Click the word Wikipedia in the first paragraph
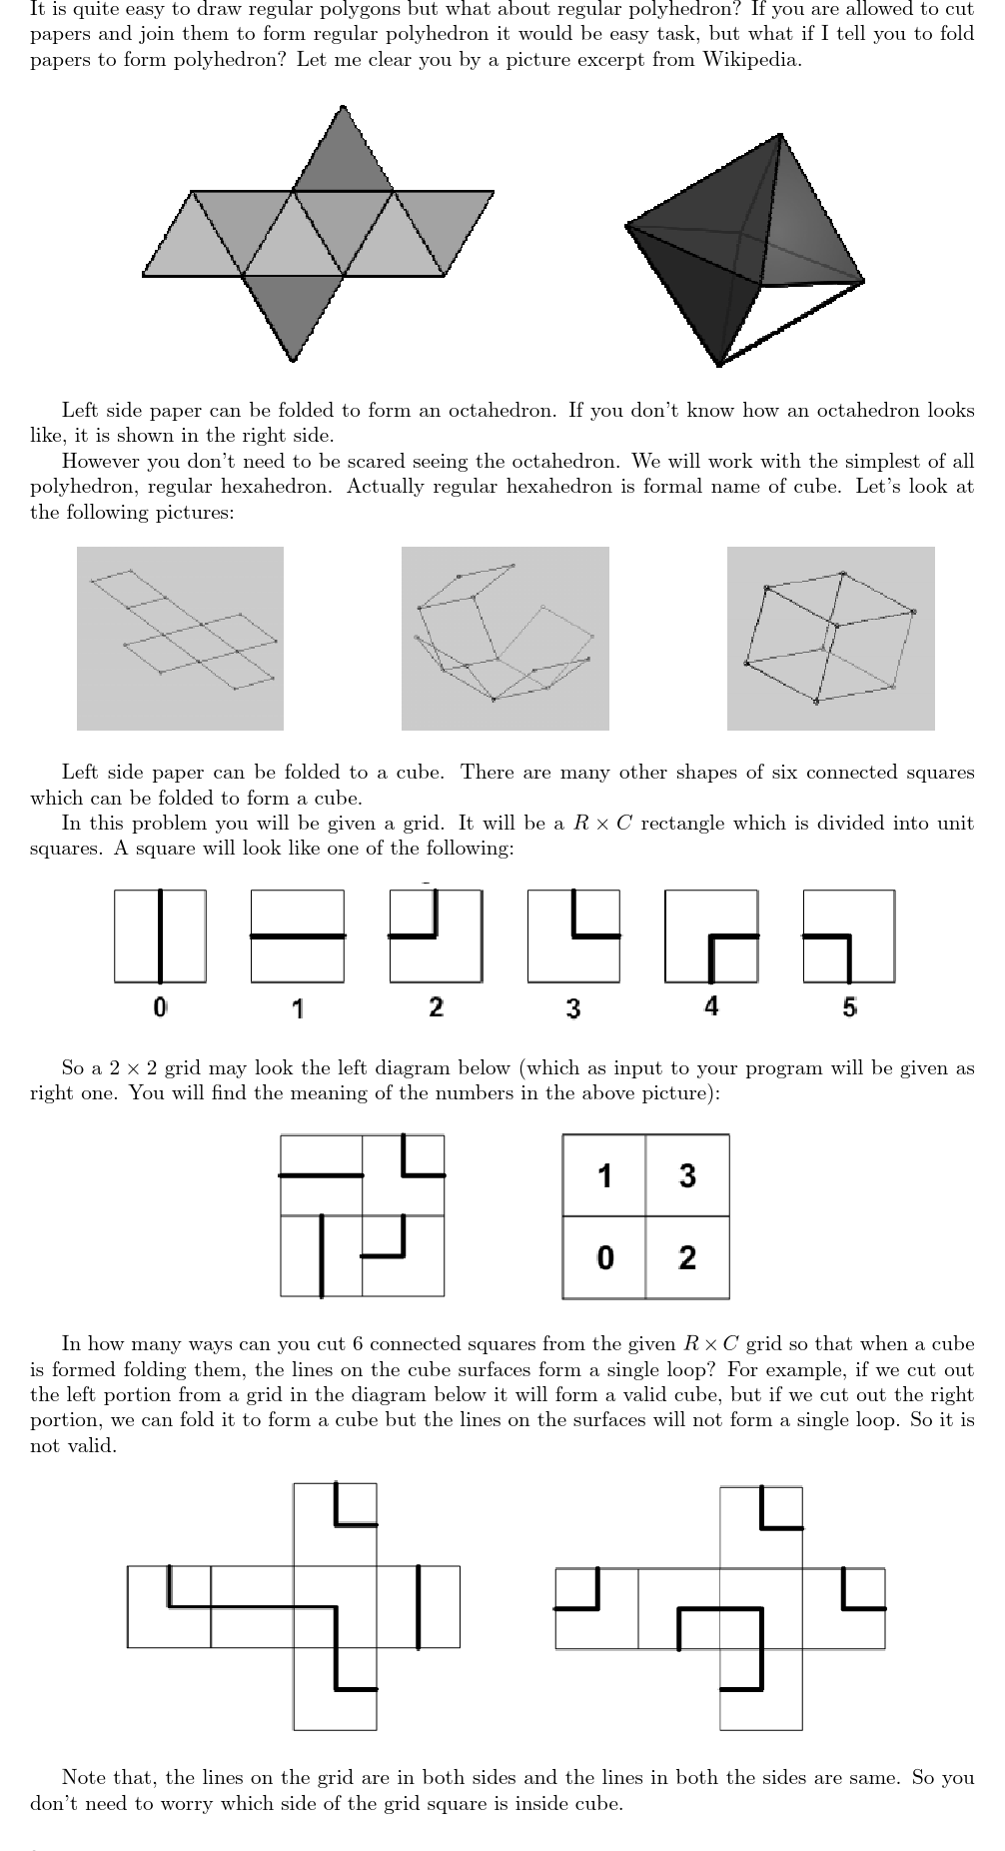pyautogui.click(x=751, y=59)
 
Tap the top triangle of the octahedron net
pyautogui.click(x=343, y=160)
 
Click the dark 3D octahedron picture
pyautogui.click(x=744, y=250)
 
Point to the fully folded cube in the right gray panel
pyautogui.click(x=829, y=638)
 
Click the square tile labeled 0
pyautogui.click(x=160, y=935)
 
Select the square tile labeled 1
pyautogui.click(x=298, y=935)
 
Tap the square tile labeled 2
pyautogui.click(x=436, y=935)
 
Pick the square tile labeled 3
pyautogui.click(x=573, y=935)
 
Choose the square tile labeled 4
pyautogui.click(x=710, y=935)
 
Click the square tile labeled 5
pyautogui.click(x=848, y=935)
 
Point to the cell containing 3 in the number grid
pyautogui.click(x=687, y=1175)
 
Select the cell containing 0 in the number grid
pyautogui.click(x=604, y=1257)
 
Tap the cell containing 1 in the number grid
pyautogui.click(x=604, y=1175)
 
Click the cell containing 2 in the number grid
pyautogui.click(x=687, y=1257)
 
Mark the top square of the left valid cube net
pyautogui.click(x=335, y=1524)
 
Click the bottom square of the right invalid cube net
pyautogui.click(x=760, y=1688)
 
